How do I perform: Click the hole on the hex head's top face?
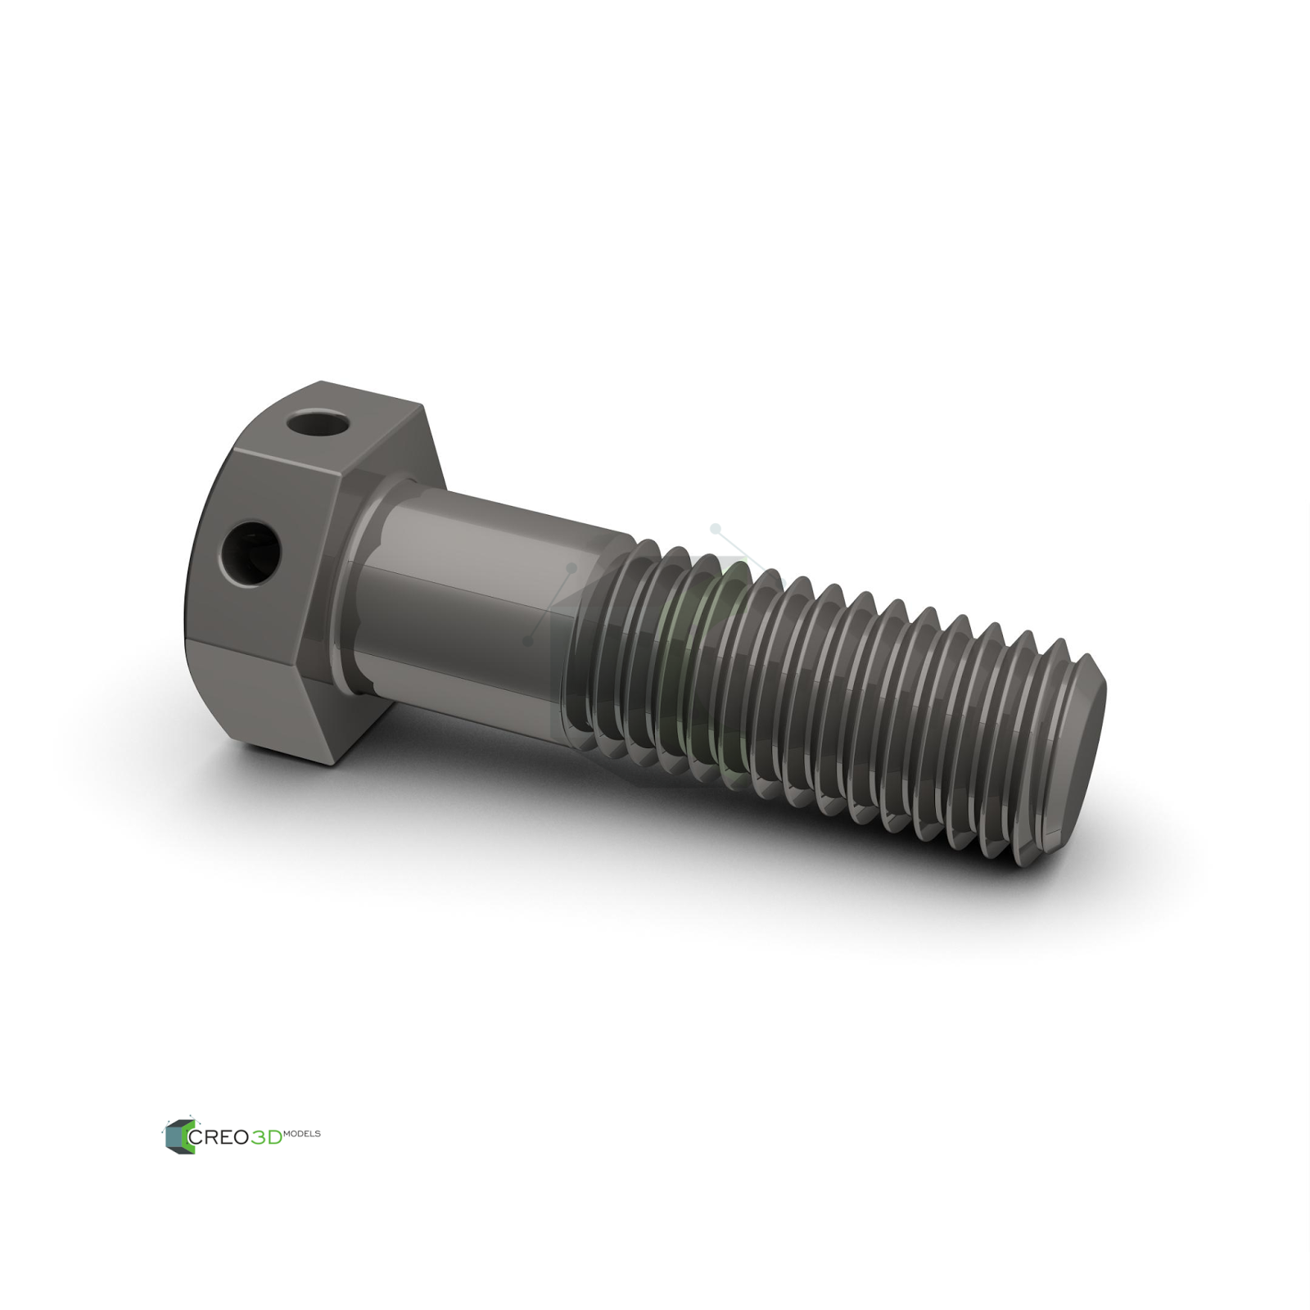[319, 423]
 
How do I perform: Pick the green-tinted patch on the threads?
[696, 655]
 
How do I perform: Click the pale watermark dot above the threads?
[715, 529]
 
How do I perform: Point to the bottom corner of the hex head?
[334, 764]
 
